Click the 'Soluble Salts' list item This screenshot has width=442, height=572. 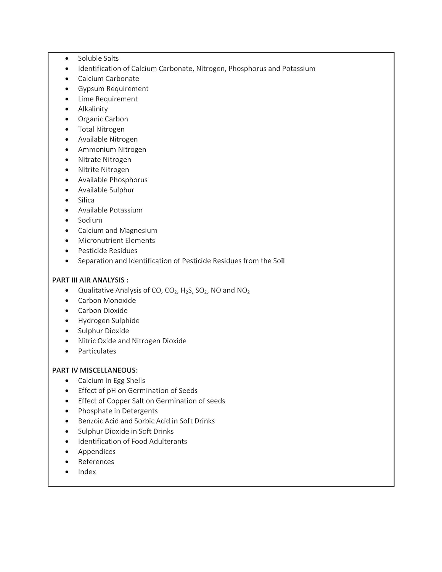98,58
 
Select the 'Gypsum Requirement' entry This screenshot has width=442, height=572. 113,89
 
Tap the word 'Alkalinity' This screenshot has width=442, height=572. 93,109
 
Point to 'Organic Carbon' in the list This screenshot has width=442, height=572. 103,119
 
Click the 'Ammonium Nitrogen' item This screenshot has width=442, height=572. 112,149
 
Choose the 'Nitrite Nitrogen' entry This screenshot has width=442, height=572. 103,170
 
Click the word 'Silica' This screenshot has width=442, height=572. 86,200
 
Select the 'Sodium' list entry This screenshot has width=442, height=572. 90,220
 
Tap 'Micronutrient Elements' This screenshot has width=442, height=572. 116,241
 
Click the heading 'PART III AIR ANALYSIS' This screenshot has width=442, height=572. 90,280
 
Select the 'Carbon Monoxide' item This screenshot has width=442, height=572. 107,300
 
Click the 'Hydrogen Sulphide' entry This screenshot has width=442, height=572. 109,321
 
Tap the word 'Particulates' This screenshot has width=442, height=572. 97,351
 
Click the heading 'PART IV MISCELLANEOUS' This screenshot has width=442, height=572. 95,370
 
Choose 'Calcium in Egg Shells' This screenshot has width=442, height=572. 111,381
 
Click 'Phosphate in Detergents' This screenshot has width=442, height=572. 117,411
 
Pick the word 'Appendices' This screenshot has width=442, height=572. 96,452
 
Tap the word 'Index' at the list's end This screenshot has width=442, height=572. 87,472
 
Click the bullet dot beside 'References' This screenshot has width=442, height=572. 67,462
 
